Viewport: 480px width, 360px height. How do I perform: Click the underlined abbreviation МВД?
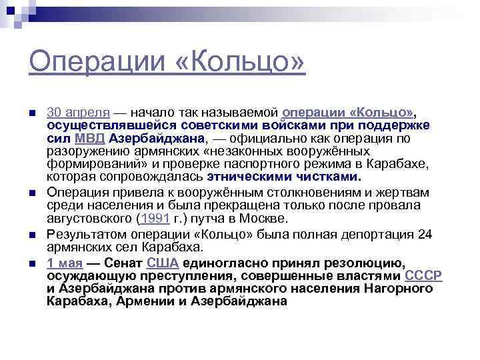[89, 139]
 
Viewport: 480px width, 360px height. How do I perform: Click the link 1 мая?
[65, 262]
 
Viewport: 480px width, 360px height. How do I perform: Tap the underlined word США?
[162, 262]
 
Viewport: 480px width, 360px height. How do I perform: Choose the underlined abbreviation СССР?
[424, 275]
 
